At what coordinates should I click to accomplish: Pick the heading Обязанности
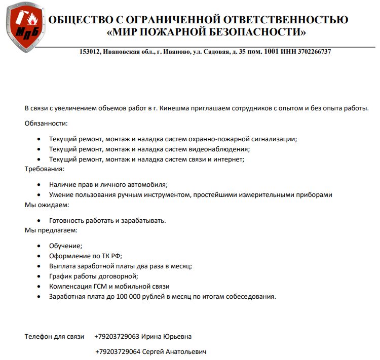[x=46, y=123]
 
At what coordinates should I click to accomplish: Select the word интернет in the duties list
[x=229, y=159]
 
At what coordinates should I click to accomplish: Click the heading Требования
[x=45, y=169]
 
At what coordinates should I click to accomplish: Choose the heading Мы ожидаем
[x=47, y=205]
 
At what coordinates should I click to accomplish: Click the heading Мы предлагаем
[x=51, y=230]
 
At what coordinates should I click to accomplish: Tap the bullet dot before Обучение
[x=40, y=246]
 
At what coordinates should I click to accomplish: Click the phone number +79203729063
[x=117, y=336]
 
